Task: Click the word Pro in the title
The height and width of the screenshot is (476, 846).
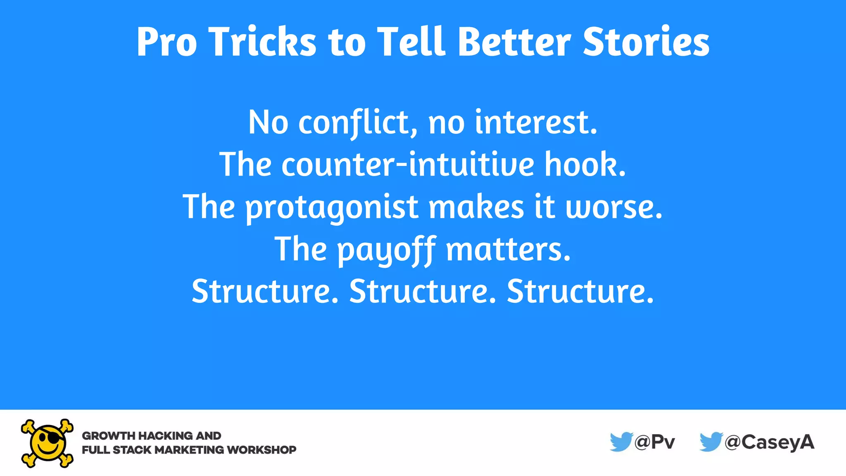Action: click(x=166, y=42)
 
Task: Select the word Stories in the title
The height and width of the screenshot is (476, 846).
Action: click(x=646, y=42)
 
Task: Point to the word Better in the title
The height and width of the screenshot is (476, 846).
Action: click(x=514, y=42)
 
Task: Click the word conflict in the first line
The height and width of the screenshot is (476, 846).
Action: click(x=358, y=123)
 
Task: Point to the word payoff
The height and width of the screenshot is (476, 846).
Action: click(x=387, y=250)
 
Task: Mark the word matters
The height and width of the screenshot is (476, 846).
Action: click(x=508, y=250)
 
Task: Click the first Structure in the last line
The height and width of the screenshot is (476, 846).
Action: click(x=265, y=292)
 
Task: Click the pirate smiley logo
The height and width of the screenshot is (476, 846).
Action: click(x=47, y=443)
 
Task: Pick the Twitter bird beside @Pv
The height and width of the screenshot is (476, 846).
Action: click(x=621, y=442)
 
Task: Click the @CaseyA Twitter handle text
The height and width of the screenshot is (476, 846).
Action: click(x=770, y=443)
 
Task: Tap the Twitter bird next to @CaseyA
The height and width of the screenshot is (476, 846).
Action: click(x=711, y=442)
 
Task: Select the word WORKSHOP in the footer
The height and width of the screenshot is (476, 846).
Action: click(x=261, y=450)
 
